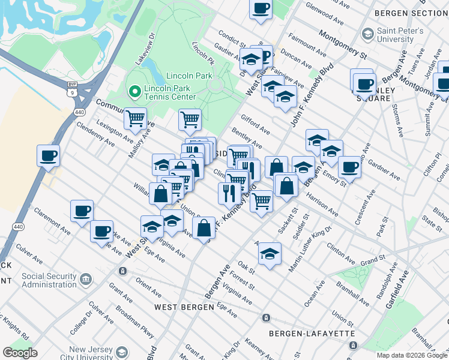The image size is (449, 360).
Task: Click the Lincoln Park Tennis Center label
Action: click(169, 92)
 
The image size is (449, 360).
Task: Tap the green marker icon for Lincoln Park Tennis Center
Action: click(134, 92)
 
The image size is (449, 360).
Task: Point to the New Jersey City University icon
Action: click(122, 352)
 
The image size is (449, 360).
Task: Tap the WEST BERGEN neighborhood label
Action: click(184, 307)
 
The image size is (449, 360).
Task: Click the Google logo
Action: click(20, 352)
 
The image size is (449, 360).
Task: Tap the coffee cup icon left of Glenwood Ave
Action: click(261, 9)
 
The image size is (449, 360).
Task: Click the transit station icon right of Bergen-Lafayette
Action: click(354, 346)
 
